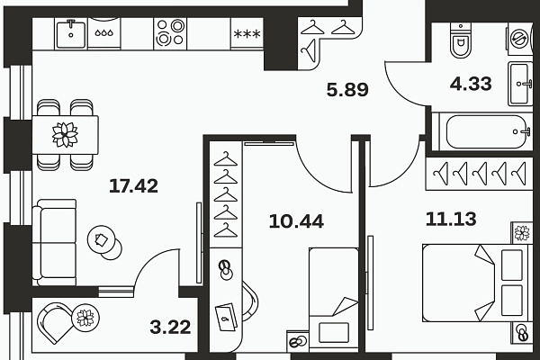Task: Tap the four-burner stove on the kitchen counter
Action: tap(167, 35)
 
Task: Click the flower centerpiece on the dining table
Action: tap(65, 134)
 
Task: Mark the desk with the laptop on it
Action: tap(228, 310)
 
